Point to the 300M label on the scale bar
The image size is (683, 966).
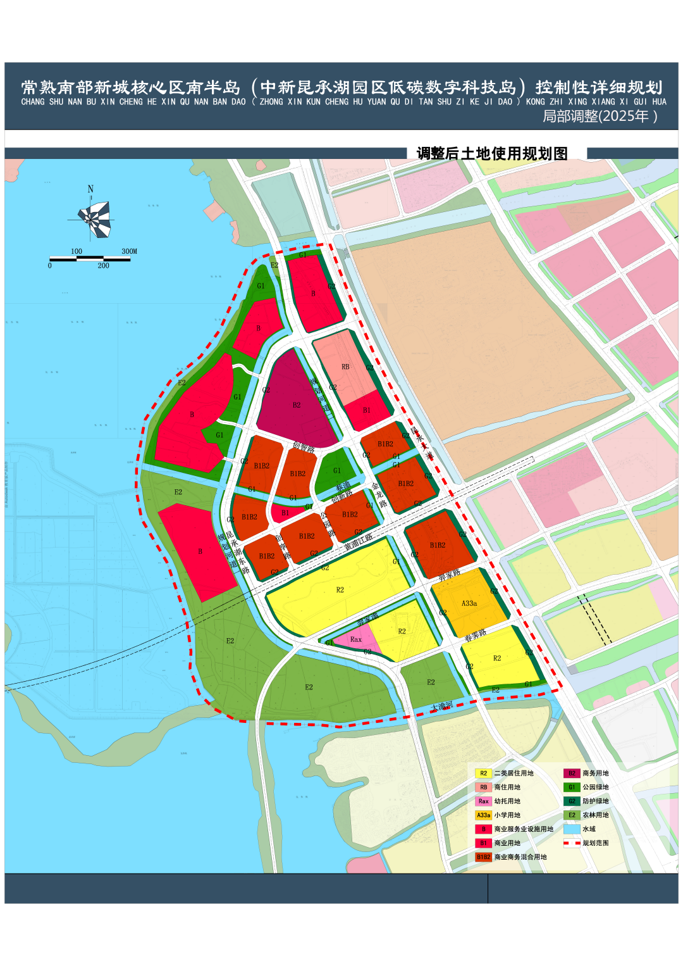point(129,251)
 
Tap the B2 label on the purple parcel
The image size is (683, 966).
point(297,405)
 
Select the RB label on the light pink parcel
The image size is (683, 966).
point(345,367)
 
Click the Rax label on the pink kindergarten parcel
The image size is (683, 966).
point(356,639)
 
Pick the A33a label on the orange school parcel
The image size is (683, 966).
point(469,603)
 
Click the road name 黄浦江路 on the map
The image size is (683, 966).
point(358,542)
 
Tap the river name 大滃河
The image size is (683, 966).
point(441,706)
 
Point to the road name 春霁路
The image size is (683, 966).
point(476,635)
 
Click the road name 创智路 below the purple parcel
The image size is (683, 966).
point(304,448)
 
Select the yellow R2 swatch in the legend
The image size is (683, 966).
point(483,773)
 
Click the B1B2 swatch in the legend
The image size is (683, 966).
point(483,856)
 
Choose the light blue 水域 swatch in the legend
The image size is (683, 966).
point(572,829)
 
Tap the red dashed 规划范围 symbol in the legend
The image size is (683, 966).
point(572,843)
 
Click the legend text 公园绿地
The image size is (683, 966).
point(595,787)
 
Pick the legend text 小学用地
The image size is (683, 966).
point(507,815)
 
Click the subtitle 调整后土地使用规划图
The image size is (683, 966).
point(492,153)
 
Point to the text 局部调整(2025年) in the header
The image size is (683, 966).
point(600,116)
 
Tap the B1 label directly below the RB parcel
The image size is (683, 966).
point(367,410)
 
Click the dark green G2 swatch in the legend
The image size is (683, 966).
point(572,801)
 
